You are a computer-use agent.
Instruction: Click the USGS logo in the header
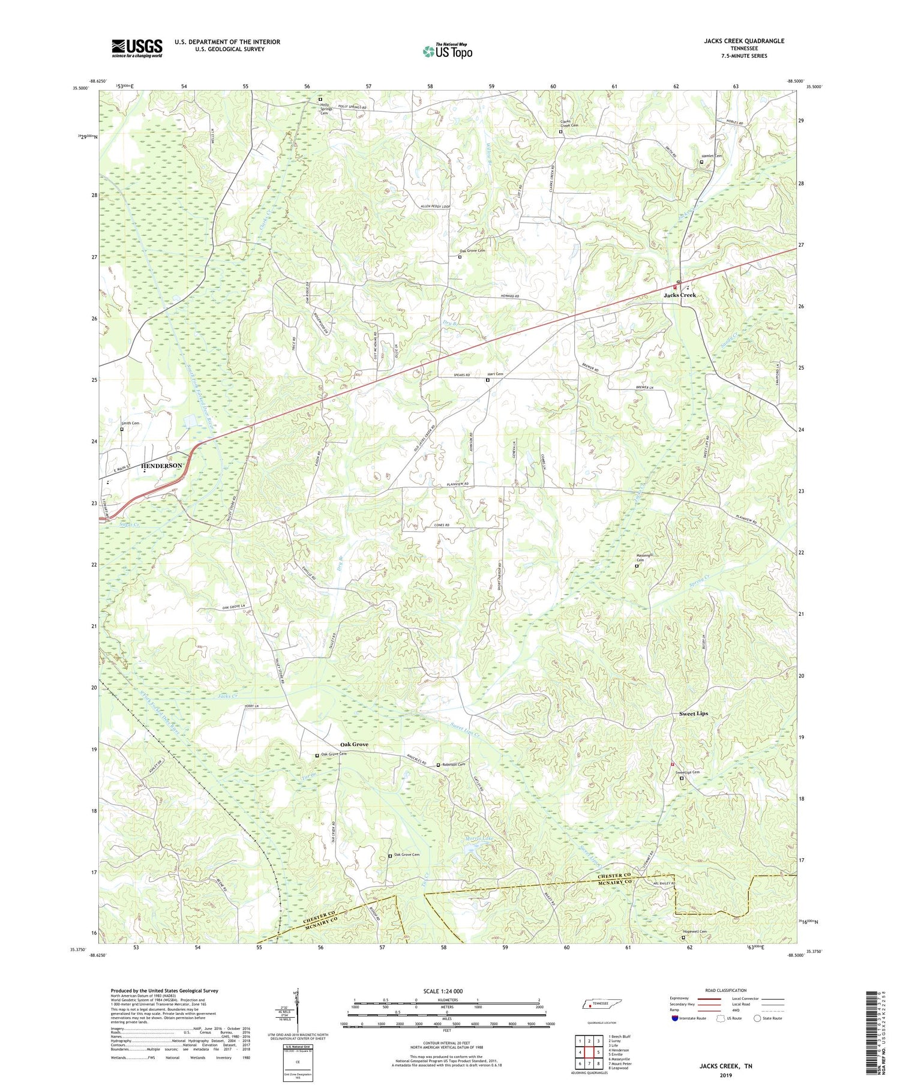coord(137,48)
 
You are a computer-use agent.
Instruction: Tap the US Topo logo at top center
coord(447,52)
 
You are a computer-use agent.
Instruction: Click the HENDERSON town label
coord(161,466)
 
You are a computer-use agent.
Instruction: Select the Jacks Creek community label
coord(679,295)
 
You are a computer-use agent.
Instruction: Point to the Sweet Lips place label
coord(693,714)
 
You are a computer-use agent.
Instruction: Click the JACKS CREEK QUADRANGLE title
coord(744,41)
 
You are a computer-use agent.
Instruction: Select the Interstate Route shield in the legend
coord(676,1018)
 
